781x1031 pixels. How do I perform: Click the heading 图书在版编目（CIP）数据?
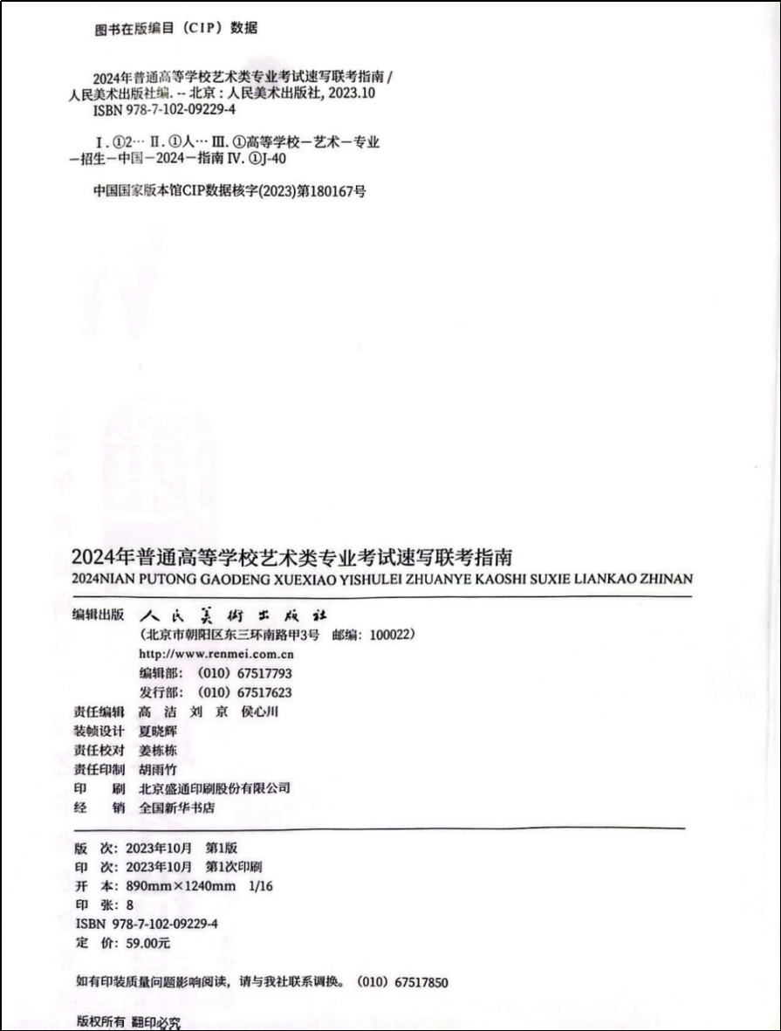[x=175, y=28]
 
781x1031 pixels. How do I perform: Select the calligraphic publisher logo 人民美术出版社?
[x=233, y=615]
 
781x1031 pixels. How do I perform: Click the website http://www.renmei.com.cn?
[x=216, y=654]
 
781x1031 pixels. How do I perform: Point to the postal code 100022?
[x=389, y=635]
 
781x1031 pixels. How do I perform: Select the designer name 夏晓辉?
[x=158, y=731]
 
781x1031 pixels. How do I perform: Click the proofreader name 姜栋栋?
[x=158, y=750]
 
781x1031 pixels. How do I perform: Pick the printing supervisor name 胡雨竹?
[x=158, y=769]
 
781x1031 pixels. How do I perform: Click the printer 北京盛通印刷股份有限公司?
[x=215, y=788]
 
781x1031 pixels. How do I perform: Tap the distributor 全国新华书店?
[x=177, y=808]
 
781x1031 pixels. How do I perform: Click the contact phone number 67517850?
[x=421, y=982]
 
